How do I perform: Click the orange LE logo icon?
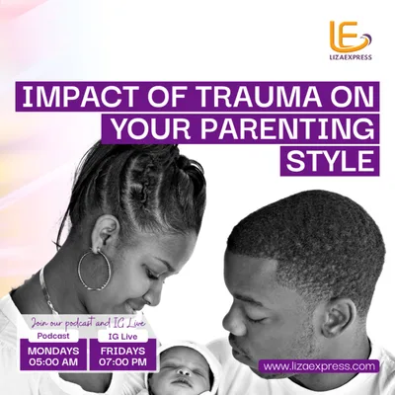click(351, 37)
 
